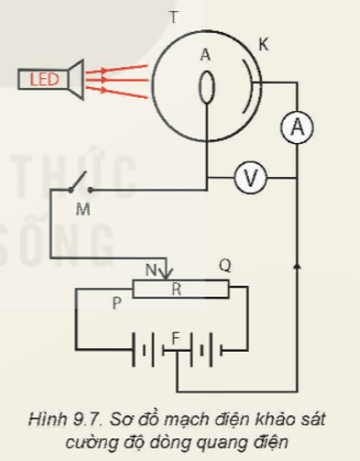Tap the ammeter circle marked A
(x=296, y=130)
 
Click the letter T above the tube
(x=174, y=17)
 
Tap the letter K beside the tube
(x=264, y=44)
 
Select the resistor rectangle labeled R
(x=179, y=290)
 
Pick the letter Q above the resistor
(x=224, y=266)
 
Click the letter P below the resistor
(x=116, y=303)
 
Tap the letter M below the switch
(x=82, y=210)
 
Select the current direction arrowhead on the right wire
(x=296, y=266)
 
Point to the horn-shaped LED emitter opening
(x=75, y=80)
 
